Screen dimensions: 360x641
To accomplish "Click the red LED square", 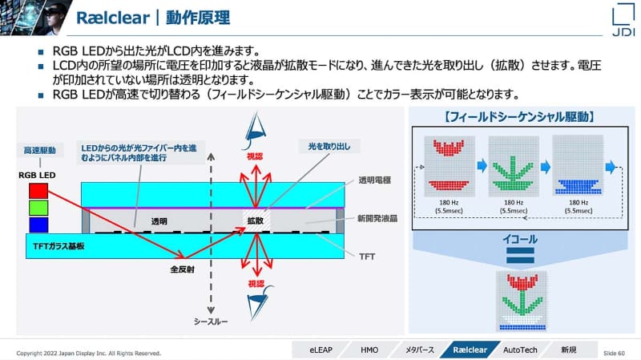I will click(x=38, y=192).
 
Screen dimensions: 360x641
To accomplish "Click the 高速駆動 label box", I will click(x=39, y=150).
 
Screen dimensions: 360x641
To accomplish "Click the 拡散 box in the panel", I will click(x=255, y=219).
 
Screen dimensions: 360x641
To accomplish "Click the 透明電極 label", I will click(x=373, y=180).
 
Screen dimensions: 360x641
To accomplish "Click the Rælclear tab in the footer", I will click(x=470, y=350).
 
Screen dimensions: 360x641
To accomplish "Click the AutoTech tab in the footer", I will click(x=521, y=350).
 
